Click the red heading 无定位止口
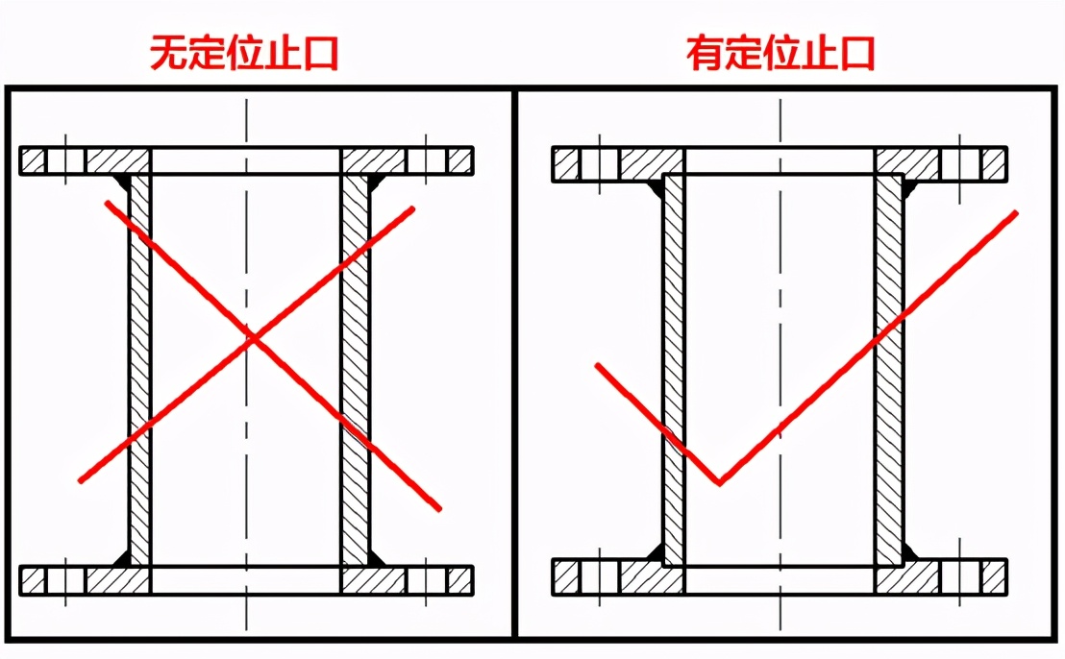point(244,54)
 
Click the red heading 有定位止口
point(780,54)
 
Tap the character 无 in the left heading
point(168,54)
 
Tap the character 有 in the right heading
point(705,54)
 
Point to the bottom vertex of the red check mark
point(719,483)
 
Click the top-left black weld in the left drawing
point(122,182)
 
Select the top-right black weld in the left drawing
point(376,182)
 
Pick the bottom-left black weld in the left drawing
point(122,558)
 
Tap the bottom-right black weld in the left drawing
point(376,558)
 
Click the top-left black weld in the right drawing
point(656,187)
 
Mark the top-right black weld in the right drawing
point(911,187)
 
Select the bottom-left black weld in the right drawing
point(656,552)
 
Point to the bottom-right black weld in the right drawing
point(911,552)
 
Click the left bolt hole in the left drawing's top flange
point(65,160)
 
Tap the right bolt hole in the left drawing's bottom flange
point(427,580)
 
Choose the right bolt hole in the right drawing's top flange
point(960,164)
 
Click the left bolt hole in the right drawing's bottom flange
point(600,577)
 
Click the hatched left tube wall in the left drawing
point(139,370)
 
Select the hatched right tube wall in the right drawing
point(889,370)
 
